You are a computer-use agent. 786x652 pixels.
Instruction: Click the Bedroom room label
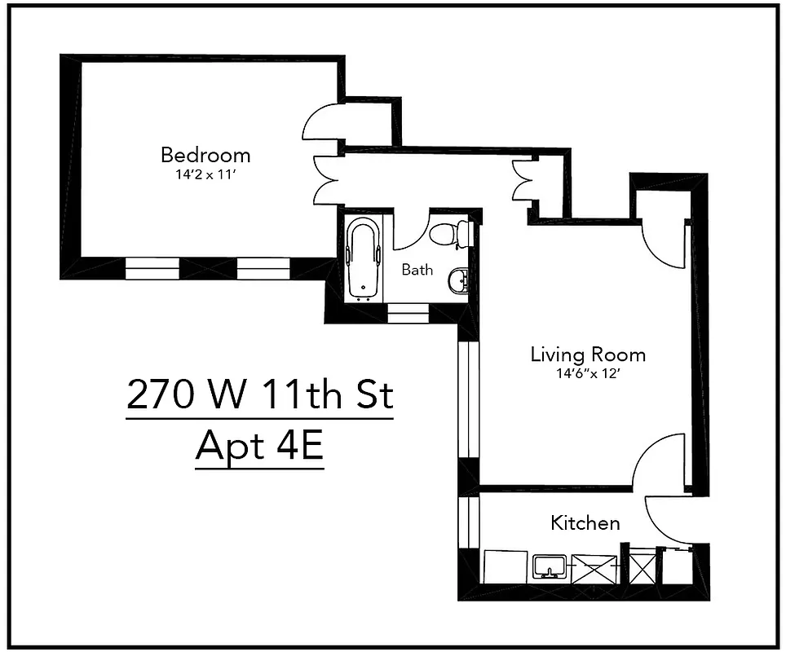pyautogui.click(x=205, y=154)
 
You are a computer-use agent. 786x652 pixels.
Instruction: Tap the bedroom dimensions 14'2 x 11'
pyautogui.click(x=205, y=174)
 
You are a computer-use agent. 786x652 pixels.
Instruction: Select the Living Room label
pyautogui.click(x=588, y=355)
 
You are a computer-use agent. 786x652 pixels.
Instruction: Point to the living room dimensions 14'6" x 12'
pyautogui.click(x=588, y=374)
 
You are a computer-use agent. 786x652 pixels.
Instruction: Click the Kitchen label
pyautogui.click(x=585, y=522)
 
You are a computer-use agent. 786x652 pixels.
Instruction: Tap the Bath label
pyautogui.click(x=417, y=270)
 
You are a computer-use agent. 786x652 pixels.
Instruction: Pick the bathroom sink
pyautogui.click(x=458, y=282)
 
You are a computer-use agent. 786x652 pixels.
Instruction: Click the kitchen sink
pyautogui.click(x=550, y=566)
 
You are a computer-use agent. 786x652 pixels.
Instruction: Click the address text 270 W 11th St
pyautogui.click(x=260, y=397)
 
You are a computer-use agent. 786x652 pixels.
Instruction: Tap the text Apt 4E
pyautogui.click(x=260, y=448)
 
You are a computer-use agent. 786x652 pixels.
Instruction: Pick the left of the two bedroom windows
pyautogui.click(x=152, y=268)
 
